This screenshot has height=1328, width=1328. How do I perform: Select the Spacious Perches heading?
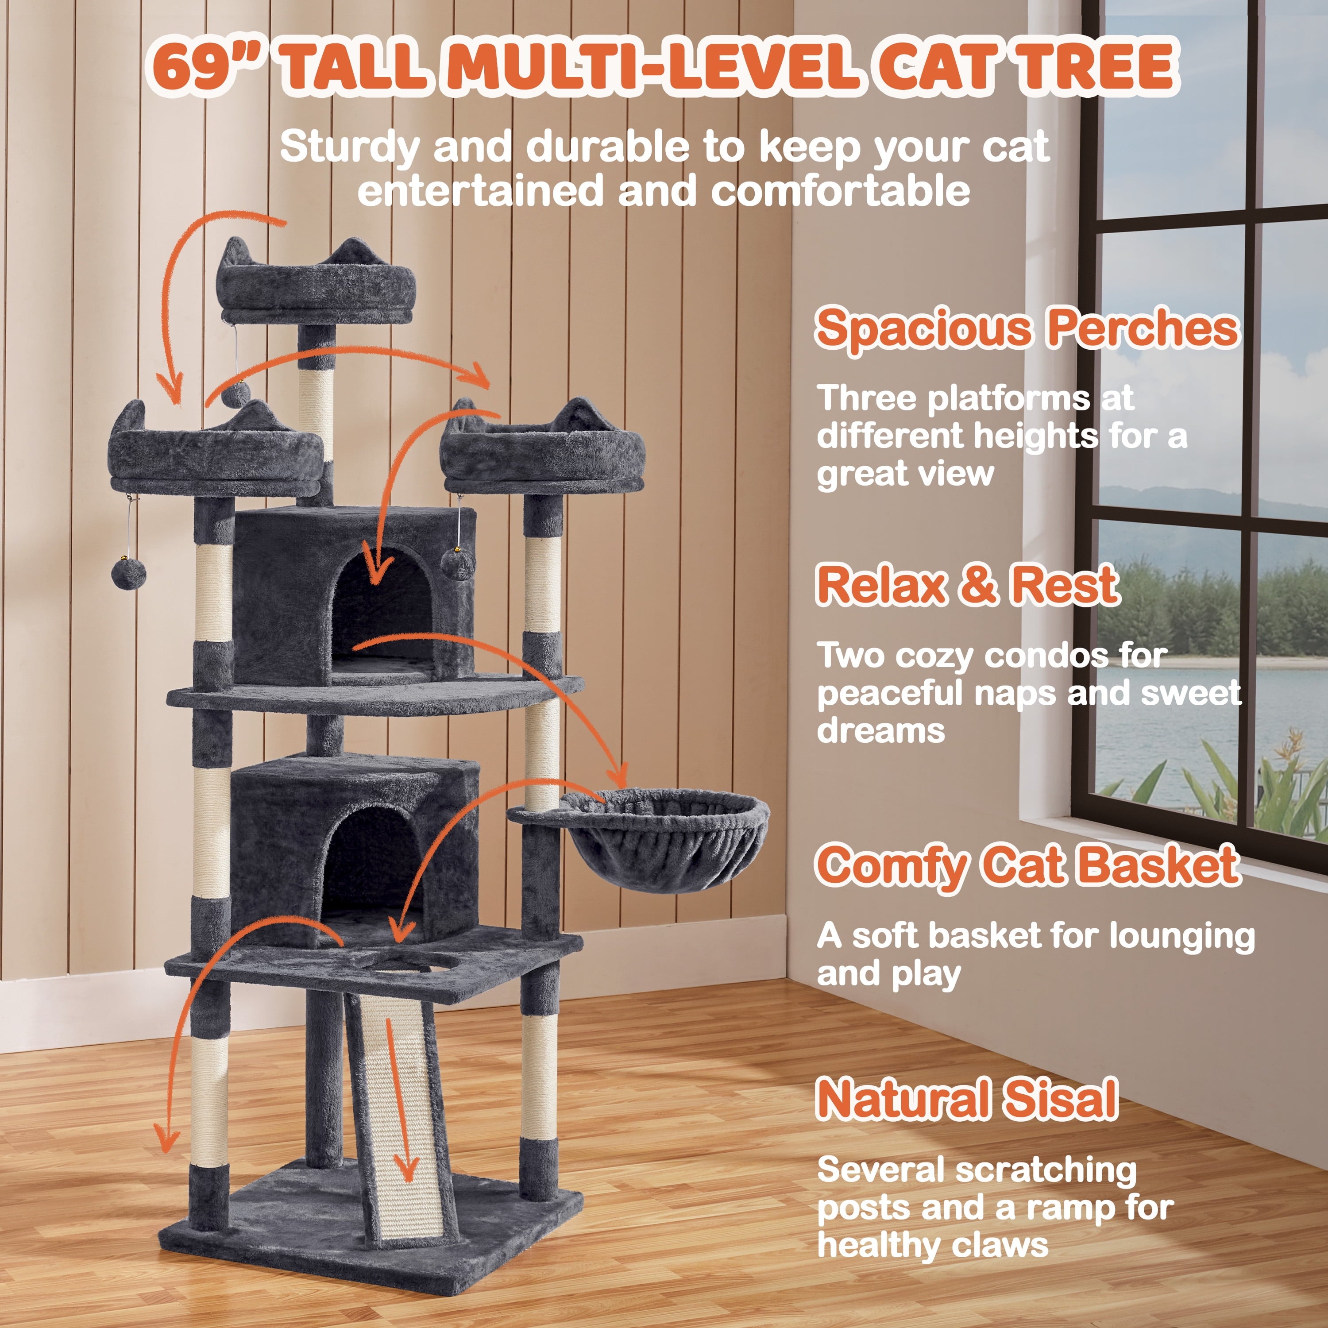click(1027, 328)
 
